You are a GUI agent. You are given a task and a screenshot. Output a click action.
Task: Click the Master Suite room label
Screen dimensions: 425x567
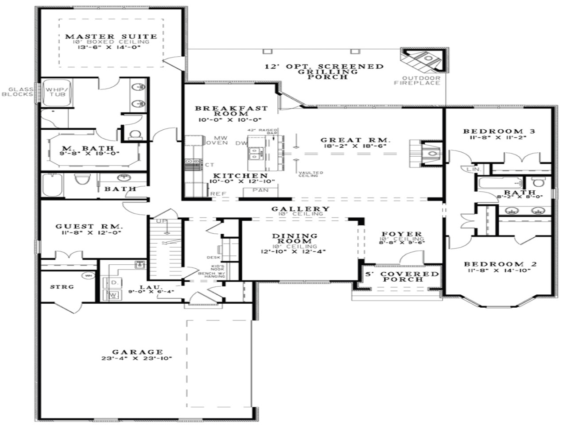(111, 37)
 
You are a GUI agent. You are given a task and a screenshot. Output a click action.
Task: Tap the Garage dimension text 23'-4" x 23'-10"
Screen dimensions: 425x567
(136, 359)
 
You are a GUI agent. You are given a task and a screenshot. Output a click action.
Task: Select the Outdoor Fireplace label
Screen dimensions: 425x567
(417, 81)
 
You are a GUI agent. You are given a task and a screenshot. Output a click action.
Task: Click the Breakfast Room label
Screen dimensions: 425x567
(231, 111)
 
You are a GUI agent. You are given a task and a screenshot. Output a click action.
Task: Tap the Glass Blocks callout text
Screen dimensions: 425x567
(18, 92)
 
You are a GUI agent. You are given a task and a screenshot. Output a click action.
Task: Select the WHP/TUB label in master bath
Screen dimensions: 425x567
(57, 92)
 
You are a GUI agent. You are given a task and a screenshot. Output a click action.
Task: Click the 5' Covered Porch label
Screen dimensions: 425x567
(402, 277)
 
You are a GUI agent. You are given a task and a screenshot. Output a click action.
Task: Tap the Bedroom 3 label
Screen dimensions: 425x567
(499, 131)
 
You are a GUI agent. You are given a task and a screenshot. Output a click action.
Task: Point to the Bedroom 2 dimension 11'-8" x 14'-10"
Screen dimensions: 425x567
(500, 270)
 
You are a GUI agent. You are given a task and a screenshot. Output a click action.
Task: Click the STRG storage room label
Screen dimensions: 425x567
(62, 286)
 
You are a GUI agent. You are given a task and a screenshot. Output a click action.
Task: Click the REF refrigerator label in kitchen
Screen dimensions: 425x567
(218, 193)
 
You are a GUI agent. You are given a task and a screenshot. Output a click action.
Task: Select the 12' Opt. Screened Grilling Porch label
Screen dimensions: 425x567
(324, 71)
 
